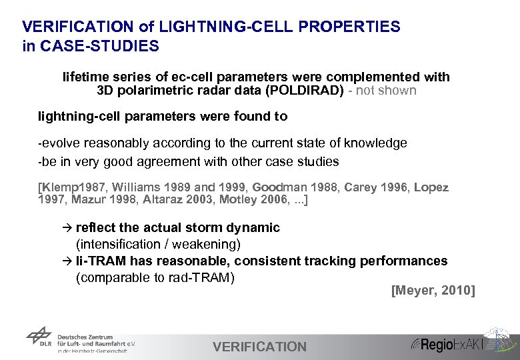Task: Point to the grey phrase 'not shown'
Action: pos(387,90)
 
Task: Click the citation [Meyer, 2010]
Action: pos(433,290)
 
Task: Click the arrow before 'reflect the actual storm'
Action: pos(67,228)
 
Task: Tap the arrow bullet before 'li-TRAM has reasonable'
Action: pos(67,261)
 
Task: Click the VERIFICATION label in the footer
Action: pos(259,347)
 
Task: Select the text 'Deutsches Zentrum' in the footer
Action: pos(85,337)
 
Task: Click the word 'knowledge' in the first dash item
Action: pos(376,143)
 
